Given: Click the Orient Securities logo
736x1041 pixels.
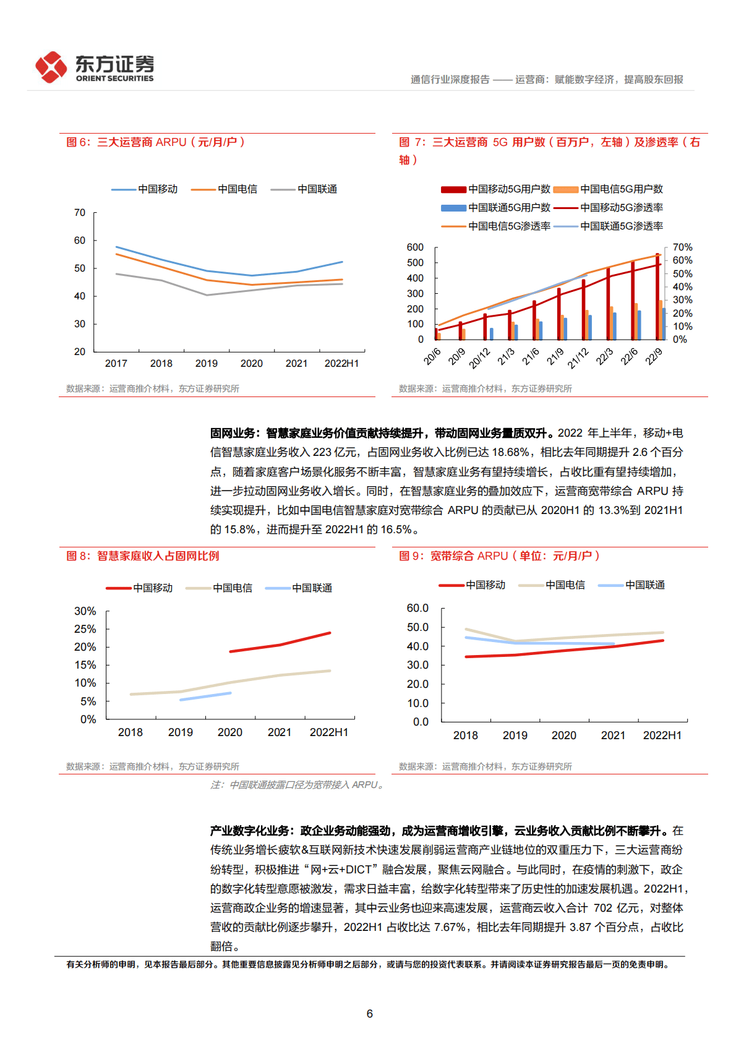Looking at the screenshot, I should point(94,67).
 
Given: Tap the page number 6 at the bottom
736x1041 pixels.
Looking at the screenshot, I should point(369,1013).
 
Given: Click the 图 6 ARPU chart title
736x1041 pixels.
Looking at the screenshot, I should point(155,142).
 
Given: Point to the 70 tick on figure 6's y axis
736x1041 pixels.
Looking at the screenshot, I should point(80,213).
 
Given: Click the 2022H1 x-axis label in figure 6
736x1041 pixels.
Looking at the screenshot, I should point(341,364).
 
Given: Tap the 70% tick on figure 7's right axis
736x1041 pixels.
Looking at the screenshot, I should point(682,247).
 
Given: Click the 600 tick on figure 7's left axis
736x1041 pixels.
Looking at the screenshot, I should point(415,247).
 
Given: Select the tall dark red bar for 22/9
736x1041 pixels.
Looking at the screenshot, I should point(657,297).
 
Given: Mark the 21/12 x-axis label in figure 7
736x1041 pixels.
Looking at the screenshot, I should point(578,358).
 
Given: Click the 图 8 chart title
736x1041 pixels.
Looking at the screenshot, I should point(143,556).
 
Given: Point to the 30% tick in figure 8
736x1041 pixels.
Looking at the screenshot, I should point(85,611).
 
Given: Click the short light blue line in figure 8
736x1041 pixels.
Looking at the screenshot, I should point(205,696).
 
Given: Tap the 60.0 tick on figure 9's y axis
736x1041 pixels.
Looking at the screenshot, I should point(417,608).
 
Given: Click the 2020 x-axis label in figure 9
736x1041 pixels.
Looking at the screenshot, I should point(563,735).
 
